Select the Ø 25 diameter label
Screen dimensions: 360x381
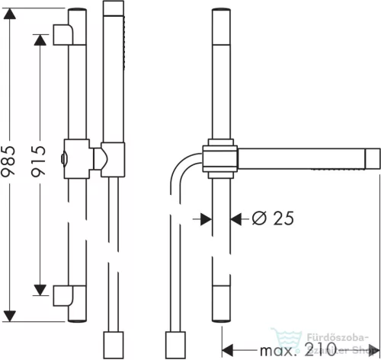click(271, 218)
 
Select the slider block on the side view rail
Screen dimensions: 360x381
click(219, 158)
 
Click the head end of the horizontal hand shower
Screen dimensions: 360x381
click(373, 158)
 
